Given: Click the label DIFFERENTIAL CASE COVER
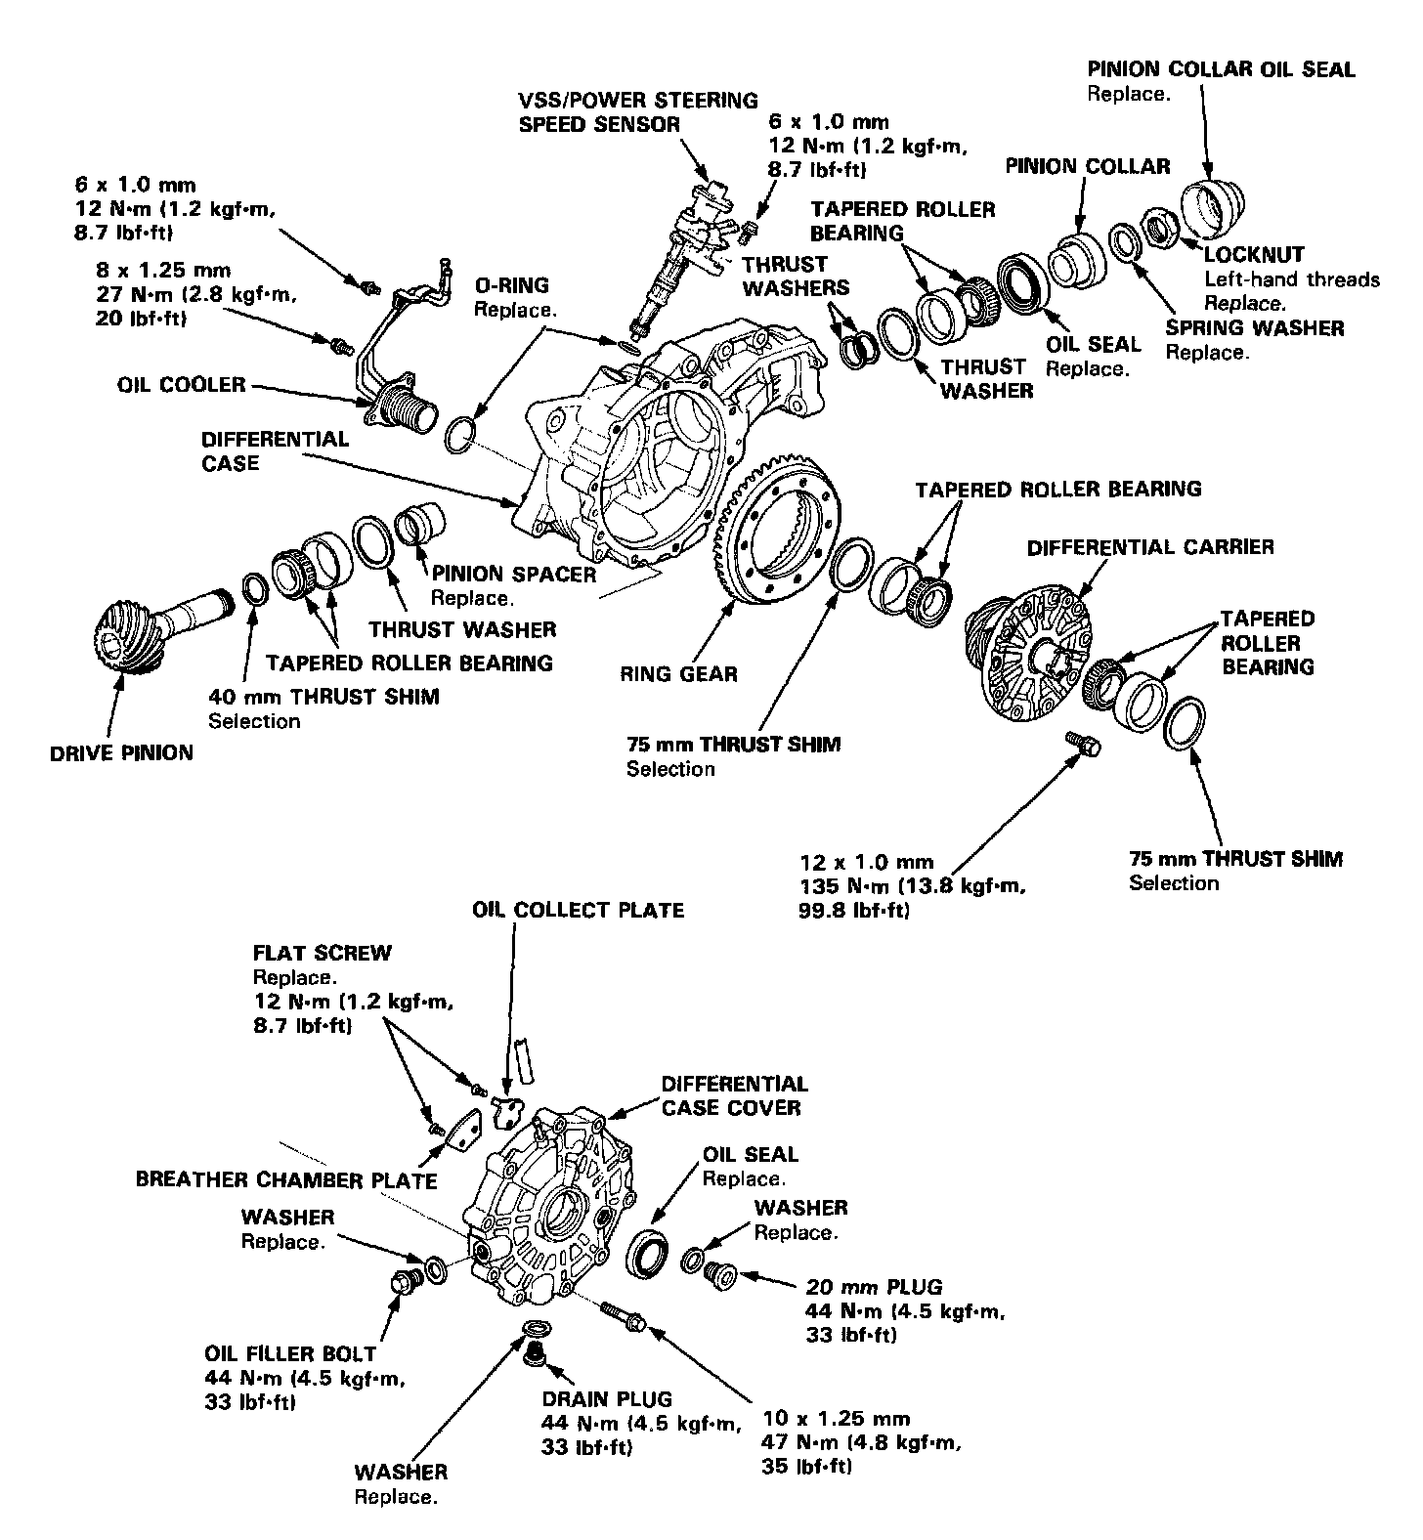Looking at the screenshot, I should (x=734, y=1095).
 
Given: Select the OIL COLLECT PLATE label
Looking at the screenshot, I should (x=578, y=910).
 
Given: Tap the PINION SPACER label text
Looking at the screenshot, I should (x=514, y=574).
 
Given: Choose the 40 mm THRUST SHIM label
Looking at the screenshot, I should (x=323, y=697).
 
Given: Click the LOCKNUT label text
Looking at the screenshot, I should (x=1254, y=254).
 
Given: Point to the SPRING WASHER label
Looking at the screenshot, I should (x=1254, y=328).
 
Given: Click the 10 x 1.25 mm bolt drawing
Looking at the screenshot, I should (x=623, y=1314).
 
